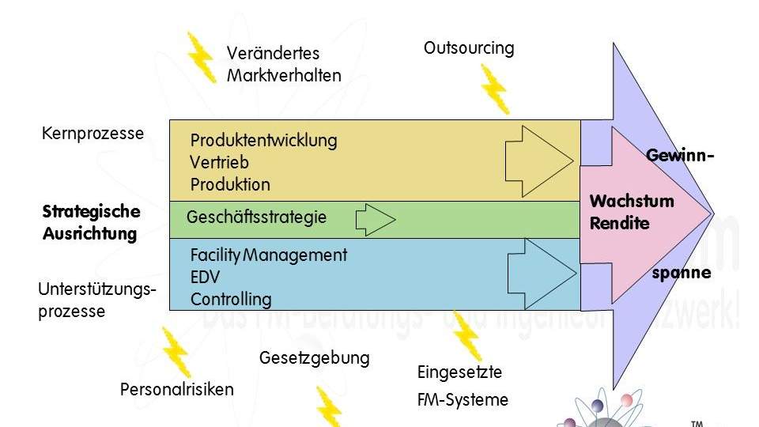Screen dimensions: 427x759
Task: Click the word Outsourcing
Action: coord(469,48)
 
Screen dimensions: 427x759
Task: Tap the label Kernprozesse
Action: coord(93,133)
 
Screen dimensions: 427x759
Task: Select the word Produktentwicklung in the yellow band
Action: coord(263,141)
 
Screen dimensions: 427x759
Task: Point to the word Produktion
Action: coord(230,184)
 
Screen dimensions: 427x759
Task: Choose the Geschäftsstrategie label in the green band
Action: coord(256,217)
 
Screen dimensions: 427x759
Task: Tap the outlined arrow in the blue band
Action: coord(541,273)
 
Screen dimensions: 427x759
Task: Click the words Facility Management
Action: coord(268,255)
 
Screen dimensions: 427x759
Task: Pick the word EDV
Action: coord(205,278)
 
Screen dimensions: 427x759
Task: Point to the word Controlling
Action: coord(230,300)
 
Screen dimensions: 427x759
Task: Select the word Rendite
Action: coord(619,223)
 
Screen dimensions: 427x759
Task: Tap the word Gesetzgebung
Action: coord(314,357)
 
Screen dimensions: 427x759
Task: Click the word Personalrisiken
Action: coord(176,389)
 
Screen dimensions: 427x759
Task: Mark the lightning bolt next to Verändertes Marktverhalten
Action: coord(200,57)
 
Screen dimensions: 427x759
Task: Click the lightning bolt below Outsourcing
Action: coord(495,89)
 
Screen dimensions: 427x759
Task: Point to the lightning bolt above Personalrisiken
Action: coord(175,352)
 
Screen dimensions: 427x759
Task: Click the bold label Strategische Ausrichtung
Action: coord(91,222)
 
